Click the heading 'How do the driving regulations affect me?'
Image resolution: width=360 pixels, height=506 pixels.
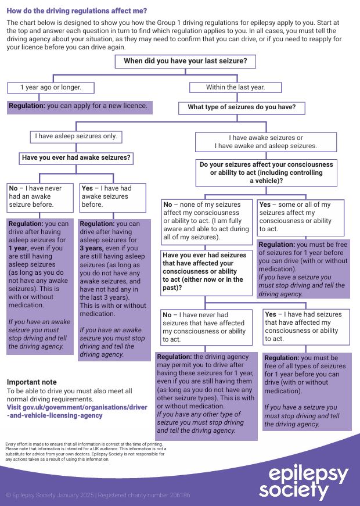tap(77, 10)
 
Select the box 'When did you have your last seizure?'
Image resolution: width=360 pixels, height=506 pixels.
tap(185, 61)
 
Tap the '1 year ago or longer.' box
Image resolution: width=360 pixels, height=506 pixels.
tap(51, 88)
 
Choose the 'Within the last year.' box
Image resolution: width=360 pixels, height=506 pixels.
tap(235, 88)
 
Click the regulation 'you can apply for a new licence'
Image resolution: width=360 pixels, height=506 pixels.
tap(80, 107)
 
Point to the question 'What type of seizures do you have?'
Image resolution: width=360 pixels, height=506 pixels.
tap(242, 107)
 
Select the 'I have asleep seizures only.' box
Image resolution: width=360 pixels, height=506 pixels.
tap(76, 137)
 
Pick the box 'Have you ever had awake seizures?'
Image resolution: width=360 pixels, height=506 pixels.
tap(76, 157)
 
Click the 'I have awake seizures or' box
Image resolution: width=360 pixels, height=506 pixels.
tap(265, 142)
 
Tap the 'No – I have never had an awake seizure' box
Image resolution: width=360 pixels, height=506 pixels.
tap(40, 196)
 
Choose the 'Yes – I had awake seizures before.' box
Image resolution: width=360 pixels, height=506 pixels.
tap(112, 196)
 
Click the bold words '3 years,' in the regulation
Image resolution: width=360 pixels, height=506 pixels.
tap(92, 248)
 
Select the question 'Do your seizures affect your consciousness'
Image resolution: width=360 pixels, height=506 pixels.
tap(266, 173)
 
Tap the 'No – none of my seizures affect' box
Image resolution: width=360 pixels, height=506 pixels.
tap(206, 221)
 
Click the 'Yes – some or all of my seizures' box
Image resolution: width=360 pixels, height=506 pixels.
tap(300, 217)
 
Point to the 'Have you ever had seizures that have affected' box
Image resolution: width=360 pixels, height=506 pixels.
tap(206, 271)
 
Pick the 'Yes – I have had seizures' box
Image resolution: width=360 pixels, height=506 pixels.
tap(306, 326)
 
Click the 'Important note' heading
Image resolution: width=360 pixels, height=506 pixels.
tap(32, 382)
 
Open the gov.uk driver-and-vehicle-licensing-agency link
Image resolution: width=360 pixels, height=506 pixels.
tap(77, 411)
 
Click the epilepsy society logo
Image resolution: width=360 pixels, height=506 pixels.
tap(303, 482)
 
